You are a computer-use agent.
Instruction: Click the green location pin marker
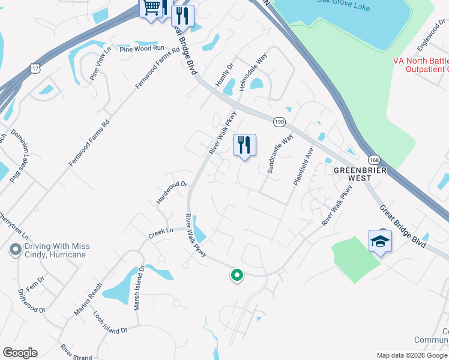click(x=237, y=275)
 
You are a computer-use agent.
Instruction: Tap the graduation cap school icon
click(x=380, y=241)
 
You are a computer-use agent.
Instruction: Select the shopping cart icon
click(x=151, y=8)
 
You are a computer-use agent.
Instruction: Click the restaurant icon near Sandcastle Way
click(x=244, y=145)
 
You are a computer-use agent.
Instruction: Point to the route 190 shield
click(x=279, y=121)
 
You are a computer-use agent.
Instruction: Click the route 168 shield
click(x=375, y=160)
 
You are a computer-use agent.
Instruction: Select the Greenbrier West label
click(x=358, y=170)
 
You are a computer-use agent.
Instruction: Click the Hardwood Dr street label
click(x=172, y=193)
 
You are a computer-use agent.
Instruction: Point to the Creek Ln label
click(x=161, y=231)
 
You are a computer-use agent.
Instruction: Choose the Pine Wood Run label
click(x=142, y=49)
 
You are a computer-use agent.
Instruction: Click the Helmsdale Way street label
click(x=253, y=71)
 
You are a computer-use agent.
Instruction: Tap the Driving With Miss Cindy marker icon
click(x=13, y=248)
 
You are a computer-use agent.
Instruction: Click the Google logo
click(x=20, y=353)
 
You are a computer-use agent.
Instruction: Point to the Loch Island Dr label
click(x=110, y=322)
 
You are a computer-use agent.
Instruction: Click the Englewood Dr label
click(x=432, y=37)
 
